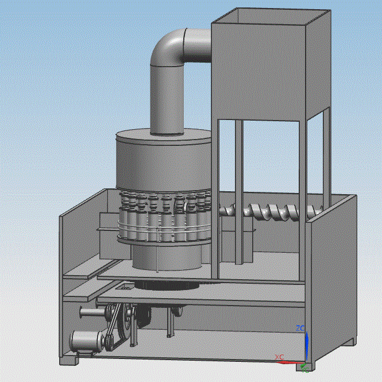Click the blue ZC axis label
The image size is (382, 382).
(x=300, y=328)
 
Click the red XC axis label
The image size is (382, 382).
(x=279, y=357)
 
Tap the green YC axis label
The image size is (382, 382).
(x=305, y=371)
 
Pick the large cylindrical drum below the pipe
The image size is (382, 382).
(x=163, y=161)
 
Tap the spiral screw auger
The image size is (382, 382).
(x=271, y=213)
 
